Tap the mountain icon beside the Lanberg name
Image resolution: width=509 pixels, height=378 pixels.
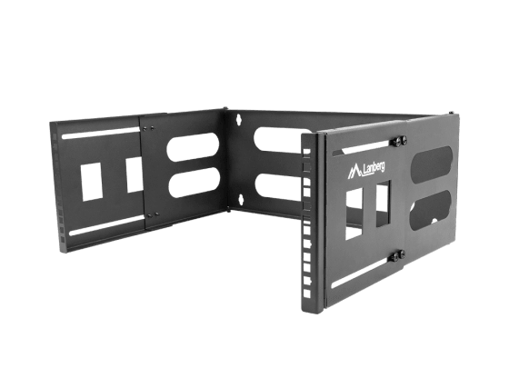(354, 172)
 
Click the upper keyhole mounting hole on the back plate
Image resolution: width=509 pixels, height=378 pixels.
(238, 119)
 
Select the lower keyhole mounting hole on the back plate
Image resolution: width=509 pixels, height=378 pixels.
(241, 200)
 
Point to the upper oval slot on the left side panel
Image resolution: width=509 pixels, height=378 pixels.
(193, 146)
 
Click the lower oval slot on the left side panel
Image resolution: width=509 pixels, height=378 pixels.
(195, 183)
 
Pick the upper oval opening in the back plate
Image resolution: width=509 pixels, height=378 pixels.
(278, 140)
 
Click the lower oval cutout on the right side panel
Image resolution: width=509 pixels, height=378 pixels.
(432, 211)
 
